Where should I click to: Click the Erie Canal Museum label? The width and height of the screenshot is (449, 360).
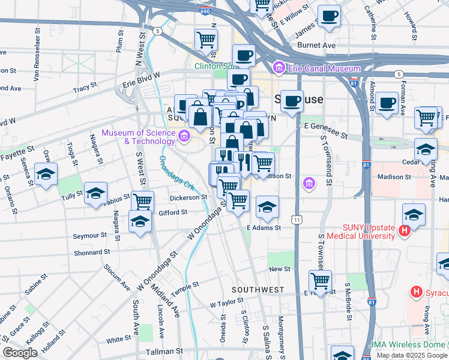click(324, 68)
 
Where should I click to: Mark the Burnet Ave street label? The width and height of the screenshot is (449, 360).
click(316, 45)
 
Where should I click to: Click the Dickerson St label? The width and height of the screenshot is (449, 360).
click(188, 196)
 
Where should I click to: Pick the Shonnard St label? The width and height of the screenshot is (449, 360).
click(88, 253)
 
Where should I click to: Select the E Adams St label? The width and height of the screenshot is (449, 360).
click(264, 228)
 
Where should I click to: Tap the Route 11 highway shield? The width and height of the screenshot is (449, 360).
click(297, 220)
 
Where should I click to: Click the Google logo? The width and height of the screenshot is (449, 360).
click(20, 353)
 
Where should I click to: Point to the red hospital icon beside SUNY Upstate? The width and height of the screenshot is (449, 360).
click(405, 229)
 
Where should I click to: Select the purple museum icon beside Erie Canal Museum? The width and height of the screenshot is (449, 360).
click(279, 68)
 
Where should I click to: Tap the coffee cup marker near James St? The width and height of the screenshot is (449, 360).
click(328, 17)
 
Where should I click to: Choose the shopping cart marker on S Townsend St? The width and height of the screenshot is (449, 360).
click(321, 281)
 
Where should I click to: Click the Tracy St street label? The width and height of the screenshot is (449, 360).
click(85, 89)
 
